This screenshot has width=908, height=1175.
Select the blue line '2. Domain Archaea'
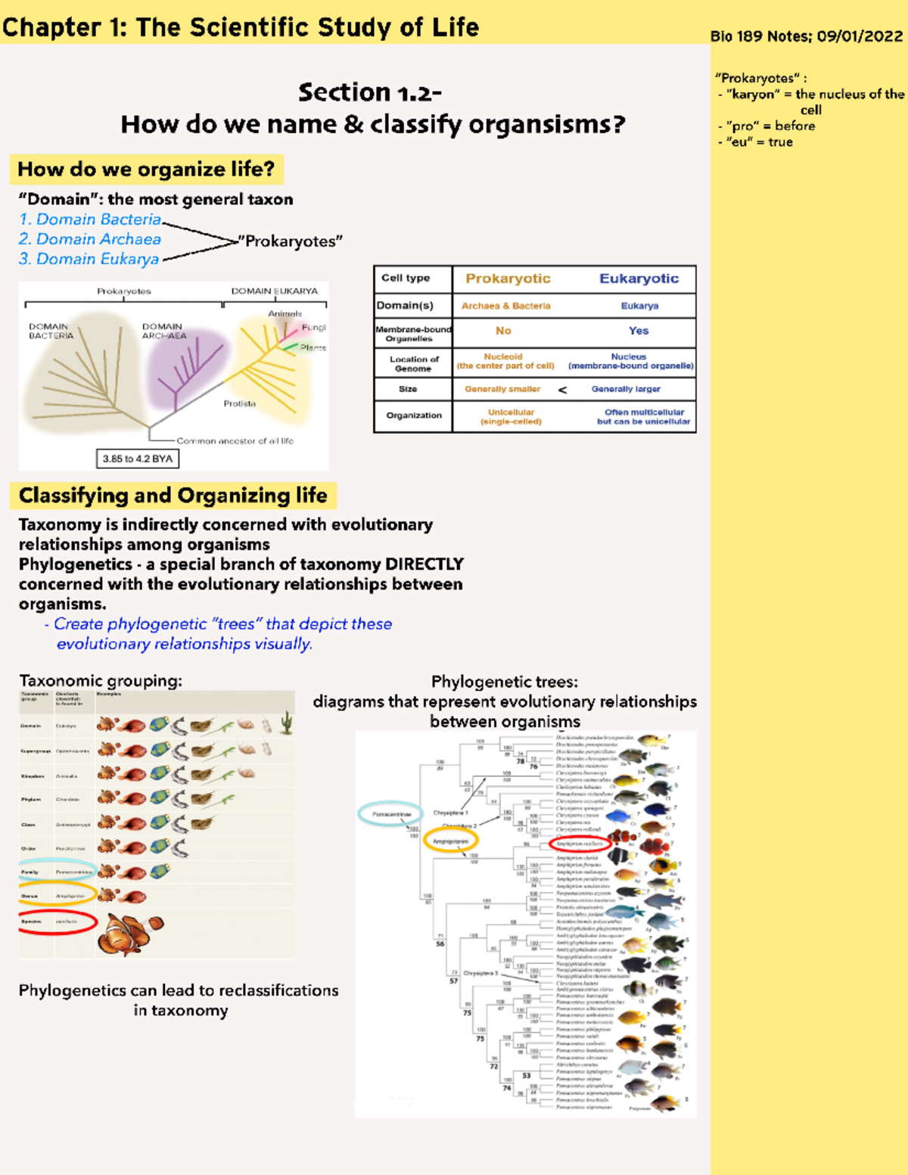tap(90, 239)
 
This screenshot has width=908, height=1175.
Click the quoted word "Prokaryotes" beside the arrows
tap(291, 241)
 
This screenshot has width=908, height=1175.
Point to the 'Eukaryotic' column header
tap(639, 278)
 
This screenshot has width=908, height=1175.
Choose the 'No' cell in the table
tap(503, 331)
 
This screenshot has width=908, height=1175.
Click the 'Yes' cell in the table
tap(638, 331)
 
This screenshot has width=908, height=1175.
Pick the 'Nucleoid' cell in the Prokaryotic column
tap(503, 356)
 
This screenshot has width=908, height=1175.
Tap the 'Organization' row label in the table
tap(413, 415)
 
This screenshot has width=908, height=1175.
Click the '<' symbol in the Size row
tap(562, 390)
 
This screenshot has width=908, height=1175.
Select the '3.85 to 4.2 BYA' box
tap(137, 458)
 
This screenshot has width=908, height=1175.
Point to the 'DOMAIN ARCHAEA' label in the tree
tap(163, 331)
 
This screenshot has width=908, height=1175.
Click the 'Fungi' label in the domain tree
tap(313, 328)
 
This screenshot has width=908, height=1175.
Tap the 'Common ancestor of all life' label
tap(235, 440)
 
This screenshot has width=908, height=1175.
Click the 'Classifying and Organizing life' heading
tap(173, 496)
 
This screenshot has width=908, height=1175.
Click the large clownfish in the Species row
tap(130, 933)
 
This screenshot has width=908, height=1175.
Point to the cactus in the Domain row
tap(287, 723)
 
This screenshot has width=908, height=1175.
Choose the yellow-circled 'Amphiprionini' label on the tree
tap(450, 841)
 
